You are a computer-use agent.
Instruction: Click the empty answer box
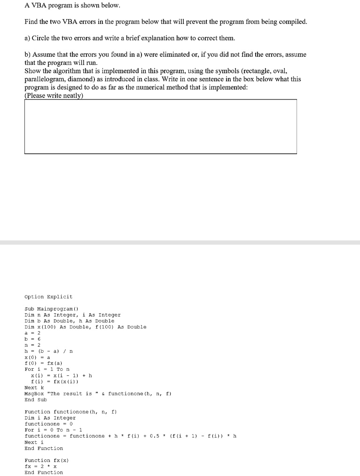(x=160, y=126)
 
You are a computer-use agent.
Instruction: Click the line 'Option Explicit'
(x=48, y=297)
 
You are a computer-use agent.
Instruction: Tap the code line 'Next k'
(x=34, y=388)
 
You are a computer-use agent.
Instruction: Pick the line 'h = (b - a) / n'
(x=48, y=351)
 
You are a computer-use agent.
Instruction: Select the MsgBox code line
(x=98, y=394)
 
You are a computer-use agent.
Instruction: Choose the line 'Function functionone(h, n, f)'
(x=71, y=412)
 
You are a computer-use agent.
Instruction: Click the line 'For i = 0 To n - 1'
(x=53, y=430)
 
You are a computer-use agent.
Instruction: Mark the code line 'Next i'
(x=34, y=442)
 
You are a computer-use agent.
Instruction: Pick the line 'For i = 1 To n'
(x=47, y=369)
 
